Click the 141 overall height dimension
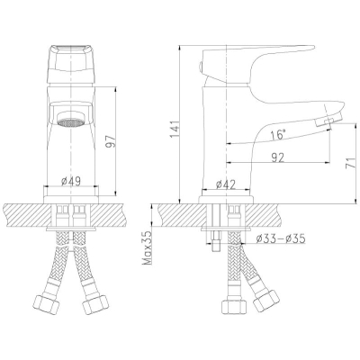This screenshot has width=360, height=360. point(175,130)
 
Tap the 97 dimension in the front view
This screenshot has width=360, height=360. point(111,141)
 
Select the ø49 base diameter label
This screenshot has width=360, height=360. point(71,181)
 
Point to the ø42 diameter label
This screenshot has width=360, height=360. point(226,184)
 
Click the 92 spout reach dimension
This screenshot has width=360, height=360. point(276,157)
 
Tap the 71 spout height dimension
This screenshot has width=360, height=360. point(350,162)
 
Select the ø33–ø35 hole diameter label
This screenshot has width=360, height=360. point(281,238)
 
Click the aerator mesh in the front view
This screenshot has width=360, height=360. point(70,122)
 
